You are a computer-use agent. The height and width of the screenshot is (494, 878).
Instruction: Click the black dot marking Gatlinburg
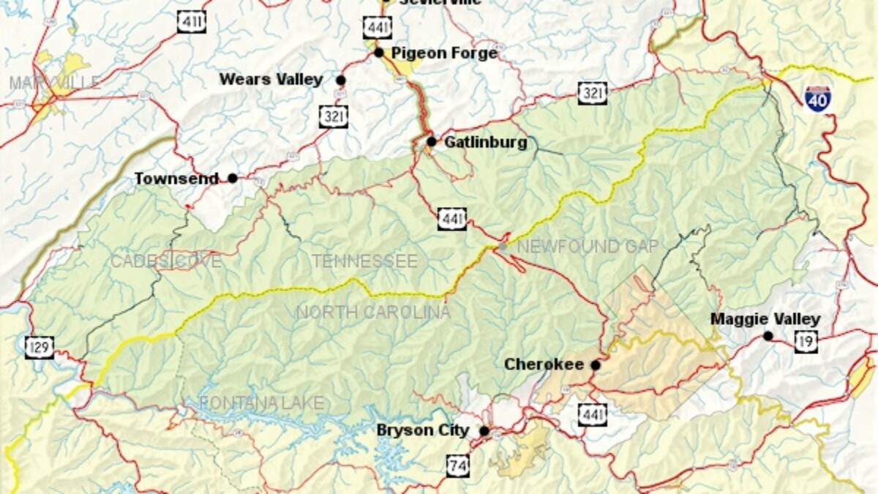[x=432, y=141]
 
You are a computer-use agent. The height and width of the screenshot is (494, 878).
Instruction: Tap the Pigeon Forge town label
[x=443, y=53]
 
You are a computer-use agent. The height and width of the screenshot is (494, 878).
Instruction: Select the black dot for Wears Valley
[x=341, y=80]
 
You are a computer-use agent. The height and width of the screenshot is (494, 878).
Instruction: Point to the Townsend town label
[x=176, y=179]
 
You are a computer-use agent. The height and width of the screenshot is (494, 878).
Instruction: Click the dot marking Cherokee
[x=596, y=364]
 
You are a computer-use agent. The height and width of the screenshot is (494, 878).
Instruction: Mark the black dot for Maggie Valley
[x=768, y=336]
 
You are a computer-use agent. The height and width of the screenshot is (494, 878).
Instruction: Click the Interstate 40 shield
[x=817, y=98]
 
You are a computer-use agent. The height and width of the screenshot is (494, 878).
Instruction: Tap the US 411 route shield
[x=191, y=21]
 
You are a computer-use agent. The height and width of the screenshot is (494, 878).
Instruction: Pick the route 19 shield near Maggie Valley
[x=806, y=341]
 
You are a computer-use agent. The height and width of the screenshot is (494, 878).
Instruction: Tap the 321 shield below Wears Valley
[x=333, y=116]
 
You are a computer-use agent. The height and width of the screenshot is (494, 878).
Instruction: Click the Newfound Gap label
[x=588, y=247]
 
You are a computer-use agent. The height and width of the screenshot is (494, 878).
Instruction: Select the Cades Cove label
[x=165, y=261]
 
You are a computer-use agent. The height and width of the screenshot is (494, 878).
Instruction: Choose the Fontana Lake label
[x=261, y=403]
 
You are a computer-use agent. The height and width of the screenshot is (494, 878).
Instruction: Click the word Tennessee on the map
[x=364, y=261]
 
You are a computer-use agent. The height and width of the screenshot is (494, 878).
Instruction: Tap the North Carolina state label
[x=373, y=313]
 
